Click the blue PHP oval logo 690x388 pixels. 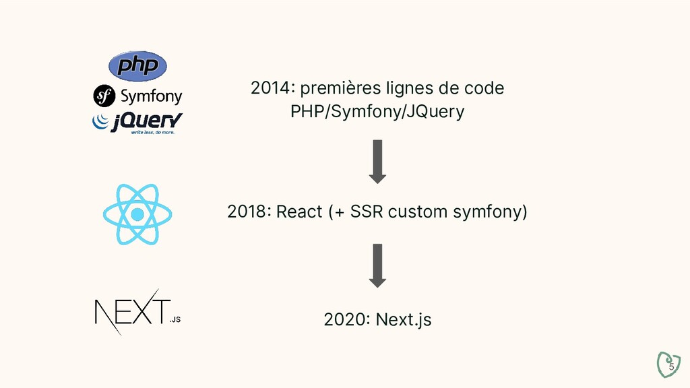tap(137, 66)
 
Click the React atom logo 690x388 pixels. tap(137, 214)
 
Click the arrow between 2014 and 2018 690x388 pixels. tap(377, 161)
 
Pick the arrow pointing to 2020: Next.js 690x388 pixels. tap(377, 265)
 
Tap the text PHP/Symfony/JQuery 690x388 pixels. tap(377, 111)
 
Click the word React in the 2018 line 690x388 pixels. tap(300, 212)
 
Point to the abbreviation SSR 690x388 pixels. tap(367, 212)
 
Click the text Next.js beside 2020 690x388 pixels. tap(403, 319)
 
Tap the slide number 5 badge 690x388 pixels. tap(669, 364)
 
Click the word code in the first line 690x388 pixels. tap(485, 88)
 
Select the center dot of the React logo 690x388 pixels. tap(137, 215)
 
